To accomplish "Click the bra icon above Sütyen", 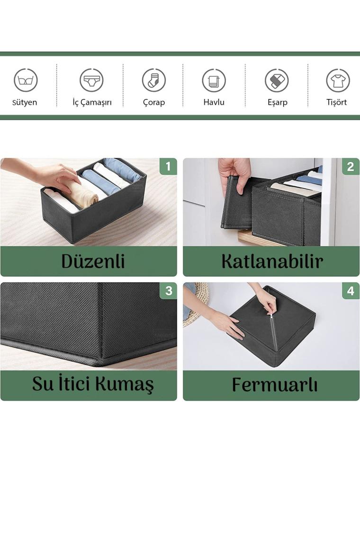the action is [26, 80].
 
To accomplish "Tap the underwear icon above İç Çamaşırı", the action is [91, 80].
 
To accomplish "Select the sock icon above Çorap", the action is [153, 80].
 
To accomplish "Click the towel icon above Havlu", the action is [214, 80].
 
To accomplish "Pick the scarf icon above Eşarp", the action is [277, 80].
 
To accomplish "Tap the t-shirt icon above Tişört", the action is [338, 80].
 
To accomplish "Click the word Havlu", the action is [214, 102].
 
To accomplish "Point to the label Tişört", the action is [337, 102].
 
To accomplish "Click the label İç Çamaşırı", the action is [92, 103].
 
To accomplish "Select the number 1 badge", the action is [168, 166].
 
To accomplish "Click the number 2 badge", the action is [351, 166].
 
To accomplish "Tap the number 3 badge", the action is [168, 291].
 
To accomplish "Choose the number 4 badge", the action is [351, 291].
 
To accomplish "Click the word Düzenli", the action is [93, 261].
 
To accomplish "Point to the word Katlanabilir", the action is [272, 261].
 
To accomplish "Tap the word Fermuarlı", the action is [275, 385].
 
